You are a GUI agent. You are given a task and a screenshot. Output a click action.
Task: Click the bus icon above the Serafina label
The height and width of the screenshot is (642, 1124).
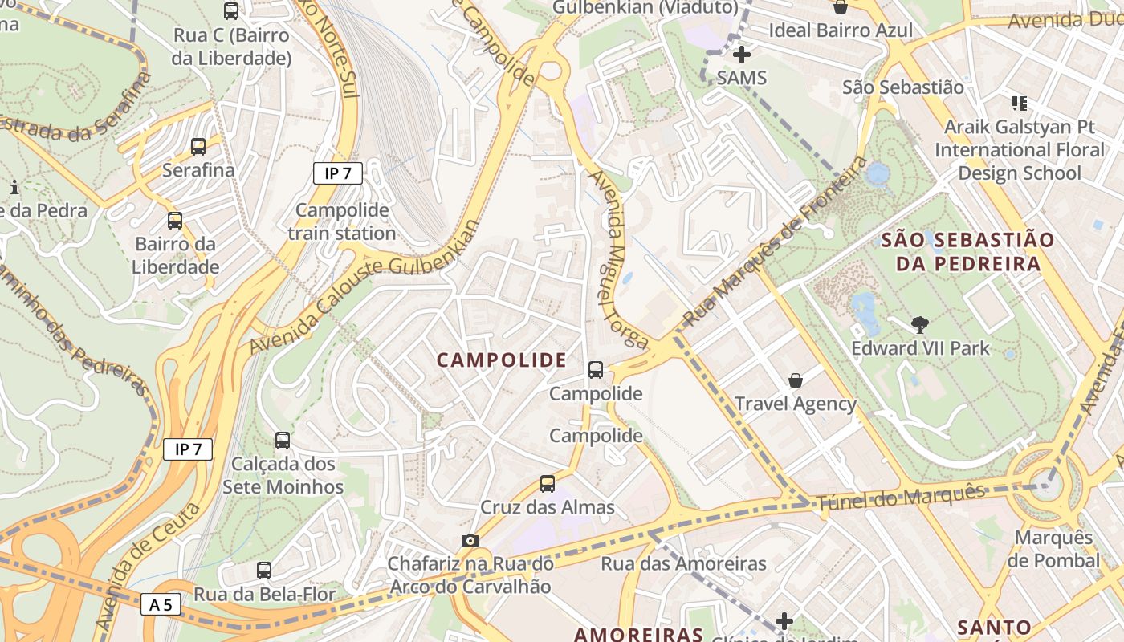(x=198, y=147)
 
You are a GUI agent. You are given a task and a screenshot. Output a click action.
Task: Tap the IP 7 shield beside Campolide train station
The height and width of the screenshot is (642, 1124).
(x=338, y=173)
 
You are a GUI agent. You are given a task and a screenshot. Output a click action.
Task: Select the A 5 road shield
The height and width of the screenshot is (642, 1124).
(x=161, y=604)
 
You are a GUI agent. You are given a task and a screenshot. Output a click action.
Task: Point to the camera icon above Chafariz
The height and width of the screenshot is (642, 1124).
(x=470, y=540)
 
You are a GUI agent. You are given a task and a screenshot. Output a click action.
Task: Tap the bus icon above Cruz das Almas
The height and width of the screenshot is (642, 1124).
(x=548, y=484)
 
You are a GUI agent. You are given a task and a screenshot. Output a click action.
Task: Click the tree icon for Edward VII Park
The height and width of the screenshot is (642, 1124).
(x=920, y=325)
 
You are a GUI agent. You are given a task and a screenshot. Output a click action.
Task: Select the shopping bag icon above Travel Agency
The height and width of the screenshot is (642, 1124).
(x=796, y=380)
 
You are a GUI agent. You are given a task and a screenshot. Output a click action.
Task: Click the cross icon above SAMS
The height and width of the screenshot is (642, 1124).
(x=742, y=55)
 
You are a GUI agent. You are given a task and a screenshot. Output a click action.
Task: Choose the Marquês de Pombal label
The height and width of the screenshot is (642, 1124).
(x=1053, y=549)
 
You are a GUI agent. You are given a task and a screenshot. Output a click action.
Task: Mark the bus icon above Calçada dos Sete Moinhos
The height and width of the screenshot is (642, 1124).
(x=283, y=441)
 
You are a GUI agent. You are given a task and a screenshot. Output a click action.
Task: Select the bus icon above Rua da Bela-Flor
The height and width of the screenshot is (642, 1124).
(x=264, y=571)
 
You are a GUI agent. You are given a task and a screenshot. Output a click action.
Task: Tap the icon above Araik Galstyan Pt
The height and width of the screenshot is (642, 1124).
(x=1020, y=103)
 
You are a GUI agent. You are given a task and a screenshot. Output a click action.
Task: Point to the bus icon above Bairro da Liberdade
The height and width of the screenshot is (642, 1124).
(x=175, y=221)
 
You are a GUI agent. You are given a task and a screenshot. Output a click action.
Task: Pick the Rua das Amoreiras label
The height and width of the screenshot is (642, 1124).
(x=683, y=563)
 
